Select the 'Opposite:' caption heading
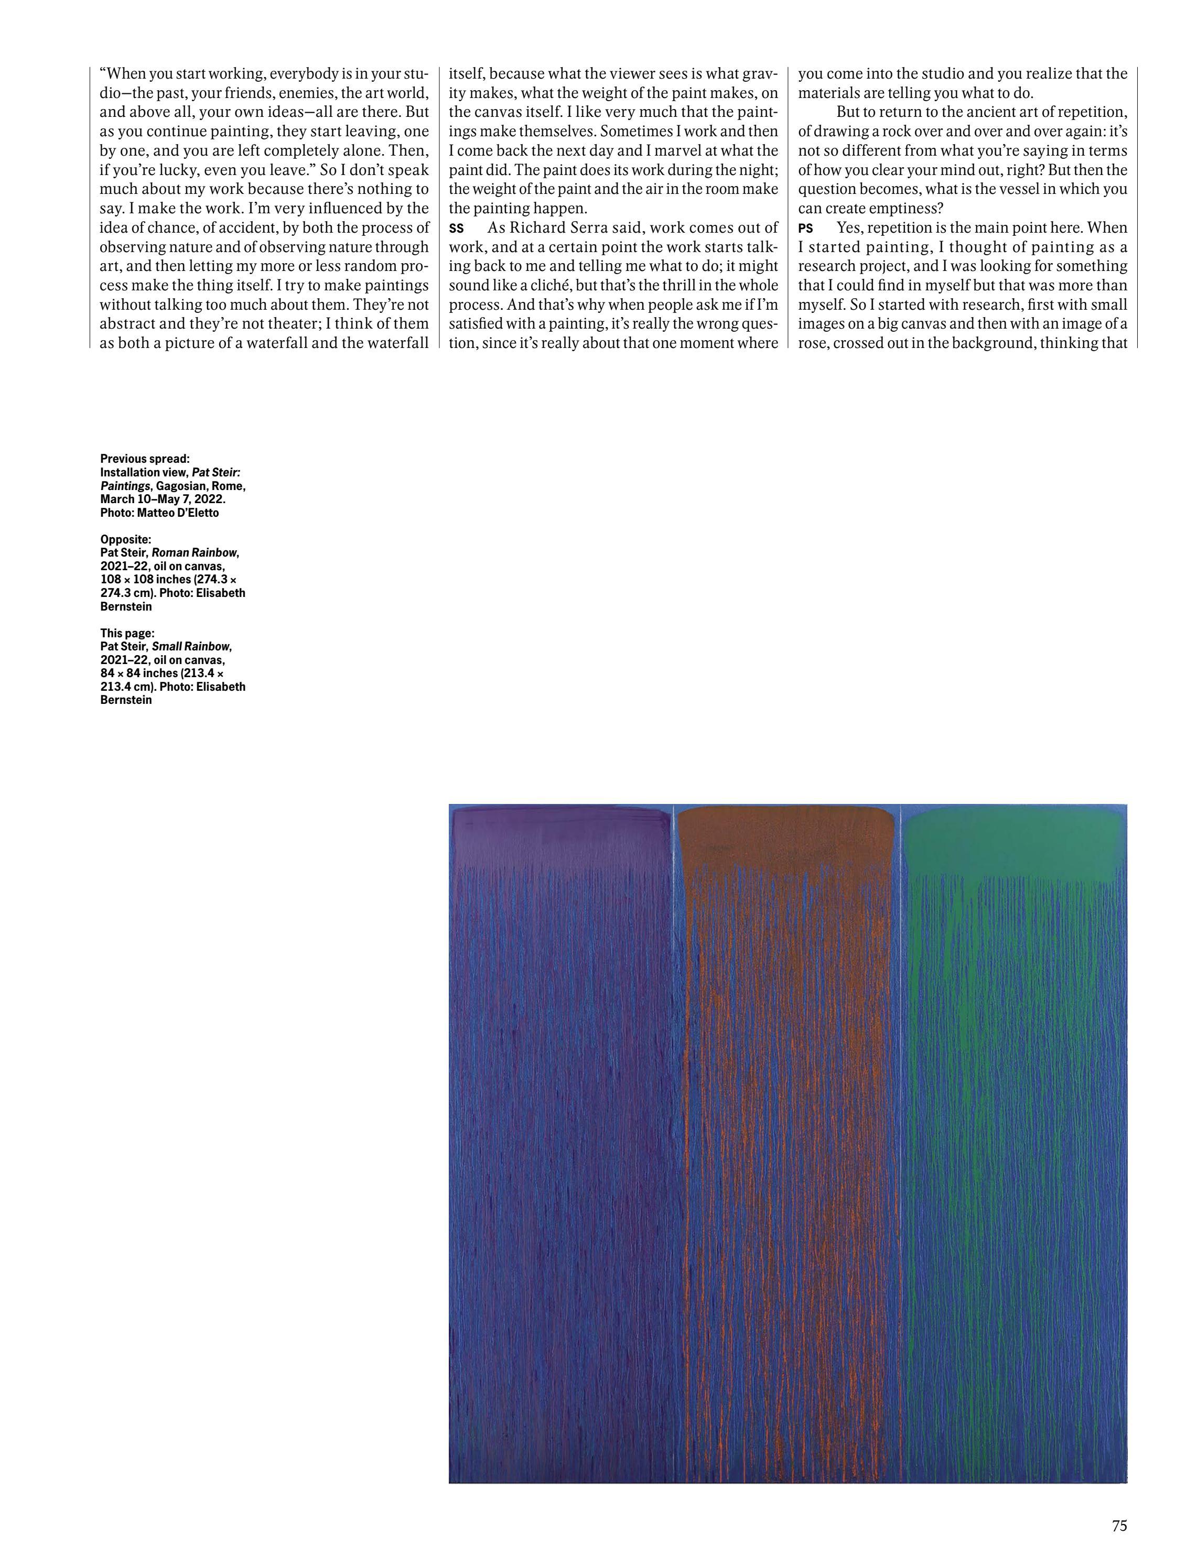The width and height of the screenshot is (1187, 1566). (125, 539)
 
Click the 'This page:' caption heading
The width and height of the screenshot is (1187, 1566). (127, 633)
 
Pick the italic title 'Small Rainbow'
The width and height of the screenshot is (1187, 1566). (190, 646)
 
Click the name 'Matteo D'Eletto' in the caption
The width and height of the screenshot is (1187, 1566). (178, 513)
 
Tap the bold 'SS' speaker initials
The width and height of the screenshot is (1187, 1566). (456, 229)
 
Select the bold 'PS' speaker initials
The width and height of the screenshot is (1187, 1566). (805, 229)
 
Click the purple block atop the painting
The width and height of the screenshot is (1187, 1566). (559, 839)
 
